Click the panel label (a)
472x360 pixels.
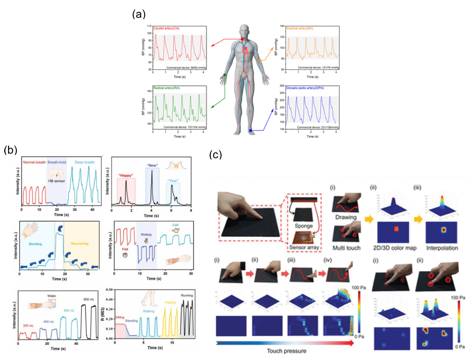click(x=139, y=14)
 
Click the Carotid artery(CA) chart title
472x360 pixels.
click(x=166, y=28)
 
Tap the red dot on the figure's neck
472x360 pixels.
click(x=242, y=39)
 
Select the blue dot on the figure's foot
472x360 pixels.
click(x=250, y=130)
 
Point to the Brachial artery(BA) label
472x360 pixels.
click(x=299, y=28)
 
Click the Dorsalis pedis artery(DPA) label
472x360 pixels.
click(x=305, y=88)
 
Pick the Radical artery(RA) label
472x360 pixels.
click(x=166, y=88)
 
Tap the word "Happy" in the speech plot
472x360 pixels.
click(x=126, y=175)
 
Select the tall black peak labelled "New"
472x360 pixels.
click(x=152, y=180)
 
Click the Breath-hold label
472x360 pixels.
click(x=57, y=162)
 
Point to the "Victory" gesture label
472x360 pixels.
click(x=146, y=234)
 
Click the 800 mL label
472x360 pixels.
click(x=89, y=299)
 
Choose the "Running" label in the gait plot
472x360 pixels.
click(x=187, y=295)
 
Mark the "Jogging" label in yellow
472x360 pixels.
click(x=170, y=302)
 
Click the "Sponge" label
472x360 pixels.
click(x=303, y=226)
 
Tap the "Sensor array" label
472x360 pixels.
click(x=304, y=247)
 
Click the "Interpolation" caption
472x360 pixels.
click(x=442, y=248)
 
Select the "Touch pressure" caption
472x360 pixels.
click(x=286, y=351)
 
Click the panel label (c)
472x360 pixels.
click(x=216, y=155)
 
